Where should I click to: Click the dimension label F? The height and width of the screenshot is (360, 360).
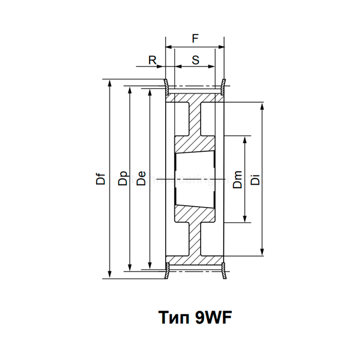click(x=195, y=38)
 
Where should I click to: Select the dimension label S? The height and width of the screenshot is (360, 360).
click(x=195, y=60)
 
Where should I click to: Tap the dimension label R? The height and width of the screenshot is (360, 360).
click(x=152, y=60)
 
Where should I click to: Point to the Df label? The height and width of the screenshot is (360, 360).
click(x=102, y=178)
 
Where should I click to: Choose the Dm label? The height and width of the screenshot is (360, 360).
click(x=237, y=180)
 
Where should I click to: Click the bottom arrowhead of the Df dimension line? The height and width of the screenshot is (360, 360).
click(x=110, y=275)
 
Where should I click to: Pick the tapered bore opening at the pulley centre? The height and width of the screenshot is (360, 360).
click(x=195, y=178)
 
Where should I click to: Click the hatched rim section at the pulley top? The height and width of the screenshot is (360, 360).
click(x=195, y=98)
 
